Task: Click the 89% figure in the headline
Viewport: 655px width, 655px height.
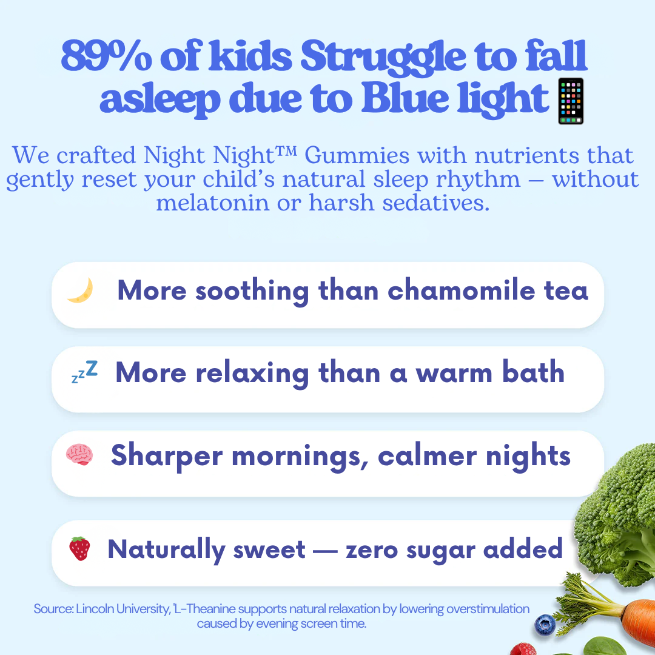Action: pos(107,56)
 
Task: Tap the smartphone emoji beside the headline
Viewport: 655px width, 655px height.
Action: pos(571,101)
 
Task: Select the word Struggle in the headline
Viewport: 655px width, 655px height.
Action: pos(383,58)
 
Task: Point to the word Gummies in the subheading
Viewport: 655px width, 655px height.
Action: pos(357,155)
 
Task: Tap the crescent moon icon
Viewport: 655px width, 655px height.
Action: pos(81,290)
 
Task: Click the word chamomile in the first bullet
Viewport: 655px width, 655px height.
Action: pos(461,290)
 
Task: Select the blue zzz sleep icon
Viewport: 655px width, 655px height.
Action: pos(85,371)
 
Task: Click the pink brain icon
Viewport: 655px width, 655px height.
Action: pos(79,454)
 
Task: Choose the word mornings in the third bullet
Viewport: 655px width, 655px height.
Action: pos(300,457)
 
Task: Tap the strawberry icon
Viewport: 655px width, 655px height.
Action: pos(79,548)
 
